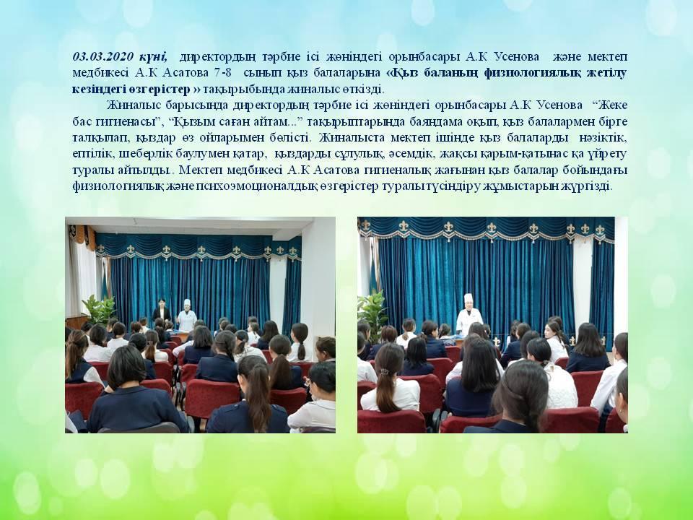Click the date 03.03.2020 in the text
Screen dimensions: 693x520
click(x=103, y=56)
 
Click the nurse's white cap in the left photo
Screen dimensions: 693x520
click(x=188, y=303)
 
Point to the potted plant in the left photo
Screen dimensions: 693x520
click(x=99, y=310)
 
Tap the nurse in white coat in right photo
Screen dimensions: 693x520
click(x=469, y=315)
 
